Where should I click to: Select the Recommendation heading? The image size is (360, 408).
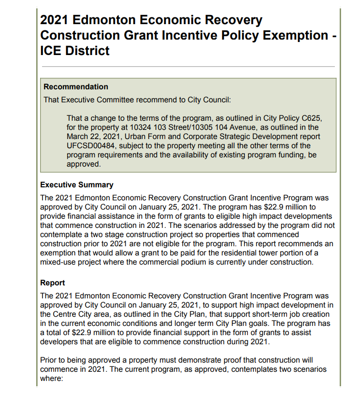[x=76, y=87]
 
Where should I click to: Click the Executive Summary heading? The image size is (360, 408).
[x=77, y=185]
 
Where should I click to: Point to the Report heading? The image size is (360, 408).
[x=53, y=283]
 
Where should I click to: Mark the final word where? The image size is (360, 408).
[x=52, y=379]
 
